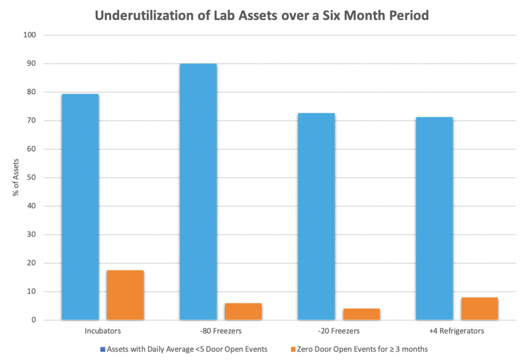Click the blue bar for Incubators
click(x=80, y=207)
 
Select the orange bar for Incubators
click(x=125, y=295)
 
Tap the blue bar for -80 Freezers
click(x=198, y=192)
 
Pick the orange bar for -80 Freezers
click(x=243, y=311)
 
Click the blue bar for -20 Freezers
click(x=316, y=216)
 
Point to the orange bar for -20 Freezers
click(x=361, y=314)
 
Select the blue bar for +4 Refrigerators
click(x=434, y=218)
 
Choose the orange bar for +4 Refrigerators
click(x=479, y=309)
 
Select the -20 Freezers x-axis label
click(x=339, y=331)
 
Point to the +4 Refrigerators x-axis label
click(x=456, y=331)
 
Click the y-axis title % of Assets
click(x=17, y=177)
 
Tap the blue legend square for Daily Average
click(x=103, y=349)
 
